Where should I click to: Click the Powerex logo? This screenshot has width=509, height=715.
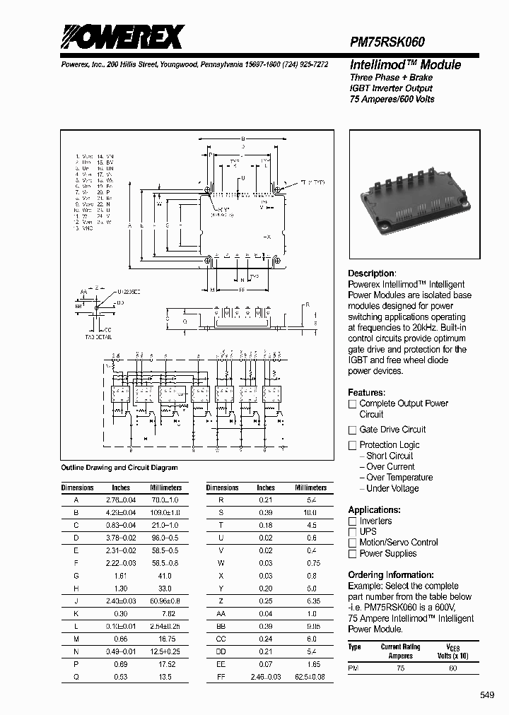[x=122, y=36]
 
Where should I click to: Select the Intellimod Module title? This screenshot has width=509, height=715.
[x=405, y=64]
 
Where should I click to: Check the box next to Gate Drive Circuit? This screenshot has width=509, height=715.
[x=352, y=430]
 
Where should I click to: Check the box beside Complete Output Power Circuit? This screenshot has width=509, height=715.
[x=352, y=404]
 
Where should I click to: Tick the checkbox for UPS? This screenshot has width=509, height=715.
[x=352, y=531]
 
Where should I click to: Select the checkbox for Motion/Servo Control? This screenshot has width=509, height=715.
[x=352, y=543]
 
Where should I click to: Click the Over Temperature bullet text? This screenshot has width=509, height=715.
[x=399, y=478]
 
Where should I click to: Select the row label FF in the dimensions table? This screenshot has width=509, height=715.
[x=221, y=677]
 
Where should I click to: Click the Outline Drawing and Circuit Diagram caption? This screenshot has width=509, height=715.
[x=119, y=468]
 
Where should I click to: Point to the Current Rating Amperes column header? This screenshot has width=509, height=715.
[x=400, y=650]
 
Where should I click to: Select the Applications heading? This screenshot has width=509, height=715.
[x=374, y=509]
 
